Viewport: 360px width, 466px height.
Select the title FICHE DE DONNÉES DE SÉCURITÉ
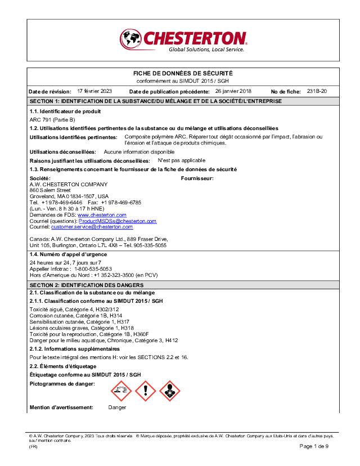[182, 74]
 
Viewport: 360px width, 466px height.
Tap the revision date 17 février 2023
[94, 91]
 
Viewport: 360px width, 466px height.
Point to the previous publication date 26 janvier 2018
[233, 91]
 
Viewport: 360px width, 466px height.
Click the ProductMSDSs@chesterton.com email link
[118, 221]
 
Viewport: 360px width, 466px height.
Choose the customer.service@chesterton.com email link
[92, 227]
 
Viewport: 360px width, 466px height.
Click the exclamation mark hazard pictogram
[146, 391]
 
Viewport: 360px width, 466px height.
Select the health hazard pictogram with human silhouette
[170, 391]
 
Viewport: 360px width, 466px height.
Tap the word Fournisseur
[197, 178]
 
